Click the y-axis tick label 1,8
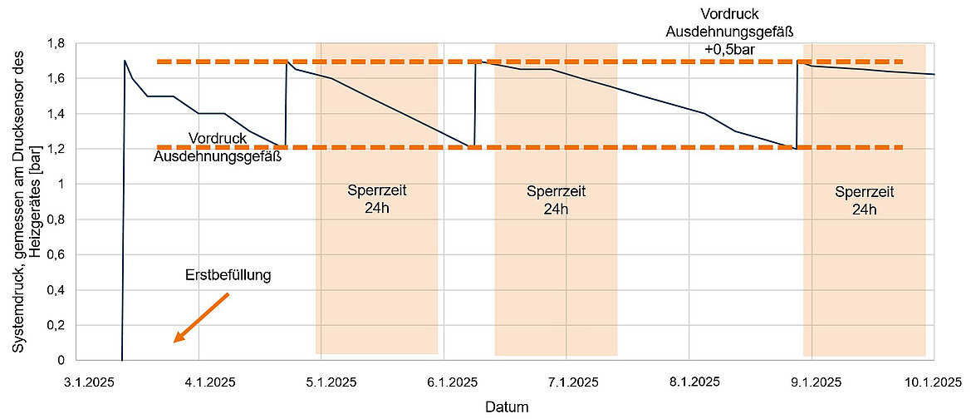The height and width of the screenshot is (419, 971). tap(56, 43)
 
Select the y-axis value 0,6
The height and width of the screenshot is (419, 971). tap(56, 254)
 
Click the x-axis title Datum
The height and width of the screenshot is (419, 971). tap(507, 407)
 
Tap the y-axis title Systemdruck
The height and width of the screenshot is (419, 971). tap(25, 199)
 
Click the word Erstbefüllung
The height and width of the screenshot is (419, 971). tap(228, 275)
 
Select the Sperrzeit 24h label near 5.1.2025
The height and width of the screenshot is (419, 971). tap(376, 200)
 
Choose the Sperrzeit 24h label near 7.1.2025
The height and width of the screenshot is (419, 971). tap(556, 200)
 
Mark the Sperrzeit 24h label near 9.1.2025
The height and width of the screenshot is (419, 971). tap(864, 200)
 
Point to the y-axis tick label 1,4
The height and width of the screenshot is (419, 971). tap(56, 114)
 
